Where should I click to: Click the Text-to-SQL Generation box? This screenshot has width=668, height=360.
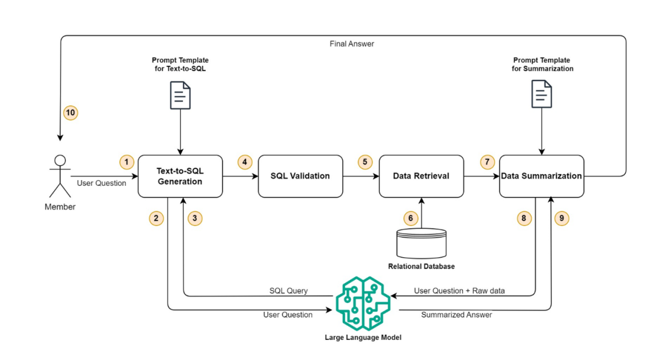(x=180, y=176)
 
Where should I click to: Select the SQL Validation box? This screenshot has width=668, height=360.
(x=300, y=176)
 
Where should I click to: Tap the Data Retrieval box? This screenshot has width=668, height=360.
(x=421, y=176)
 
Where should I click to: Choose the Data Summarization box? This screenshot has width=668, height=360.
(x=541, y=176)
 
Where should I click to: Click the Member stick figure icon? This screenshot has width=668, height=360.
(x=59, y=176)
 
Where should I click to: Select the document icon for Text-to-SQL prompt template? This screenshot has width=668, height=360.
(x=181, y=95)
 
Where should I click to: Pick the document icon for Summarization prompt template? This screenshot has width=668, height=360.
(x=542, y=94)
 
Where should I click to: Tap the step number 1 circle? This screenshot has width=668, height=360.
(x=127, y=162)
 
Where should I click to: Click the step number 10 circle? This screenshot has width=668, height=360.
(x=70, y=113)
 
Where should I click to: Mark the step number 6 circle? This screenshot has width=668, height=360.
(x=409, y=218)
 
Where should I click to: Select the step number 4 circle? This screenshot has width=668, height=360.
(x=245, y=162)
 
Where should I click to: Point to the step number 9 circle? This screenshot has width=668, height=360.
(x=562, y=218)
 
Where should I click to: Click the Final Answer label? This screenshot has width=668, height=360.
(x=351, y=43)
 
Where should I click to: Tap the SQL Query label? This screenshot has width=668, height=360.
(x=289, y=291)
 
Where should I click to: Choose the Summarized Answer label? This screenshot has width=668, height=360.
(x=456, y=315)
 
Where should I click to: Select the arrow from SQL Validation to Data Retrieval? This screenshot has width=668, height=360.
(x=361, y=176)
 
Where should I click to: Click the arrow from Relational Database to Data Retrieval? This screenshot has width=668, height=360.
(x=421, y=213)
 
